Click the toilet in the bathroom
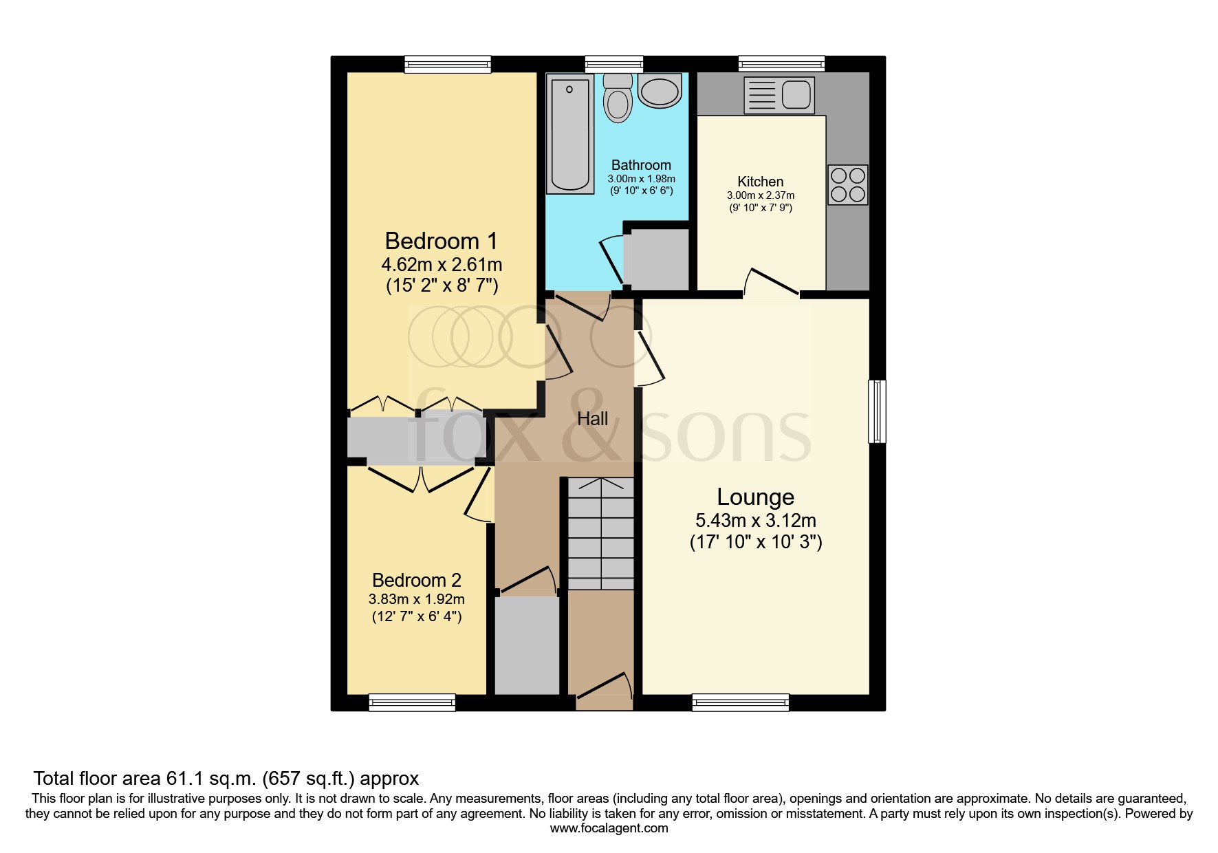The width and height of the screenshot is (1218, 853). click(x=618, y=100)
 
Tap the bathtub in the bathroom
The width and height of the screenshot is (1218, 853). click(x=570, y=135)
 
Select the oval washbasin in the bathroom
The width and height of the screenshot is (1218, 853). click(x=660, y=91)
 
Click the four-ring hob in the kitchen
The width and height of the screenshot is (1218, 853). click(x=847, y=185)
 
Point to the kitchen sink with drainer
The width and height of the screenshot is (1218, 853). click(x=779, y=95)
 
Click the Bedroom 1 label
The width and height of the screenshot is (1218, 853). click(x=441, y=241)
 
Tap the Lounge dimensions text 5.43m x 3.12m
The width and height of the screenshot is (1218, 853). click(x=756, y=521)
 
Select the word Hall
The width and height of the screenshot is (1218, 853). click(x=592, y=419)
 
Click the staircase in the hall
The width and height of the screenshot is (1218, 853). click(x=600, y=534)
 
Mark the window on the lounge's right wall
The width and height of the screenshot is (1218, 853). click(x=877, y=411)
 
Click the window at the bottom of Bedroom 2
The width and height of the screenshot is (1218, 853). click(x=412, y=702)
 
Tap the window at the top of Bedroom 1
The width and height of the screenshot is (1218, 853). click(x=447, y=64)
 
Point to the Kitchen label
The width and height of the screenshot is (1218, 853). click(x=760, y=182)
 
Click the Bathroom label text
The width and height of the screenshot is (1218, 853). click(x=641, y=165)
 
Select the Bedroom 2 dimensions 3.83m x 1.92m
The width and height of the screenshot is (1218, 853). click(x=417, y=599)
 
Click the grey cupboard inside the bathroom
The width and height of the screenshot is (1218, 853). click(x=656, y=259)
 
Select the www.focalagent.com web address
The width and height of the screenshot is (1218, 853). click(x=609, y=828)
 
